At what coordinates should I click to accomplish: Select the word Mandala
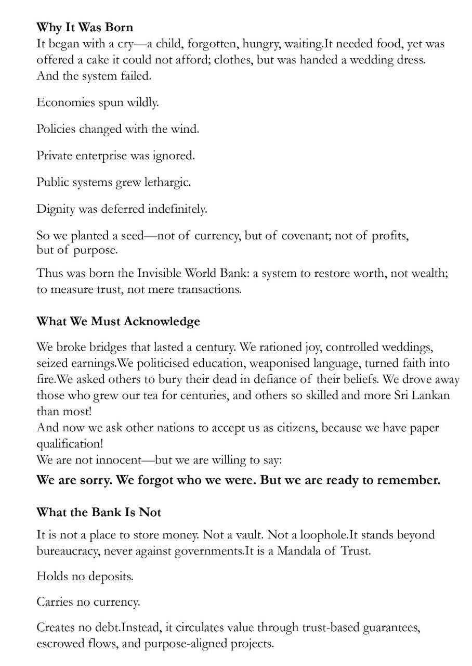point(299,551)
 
